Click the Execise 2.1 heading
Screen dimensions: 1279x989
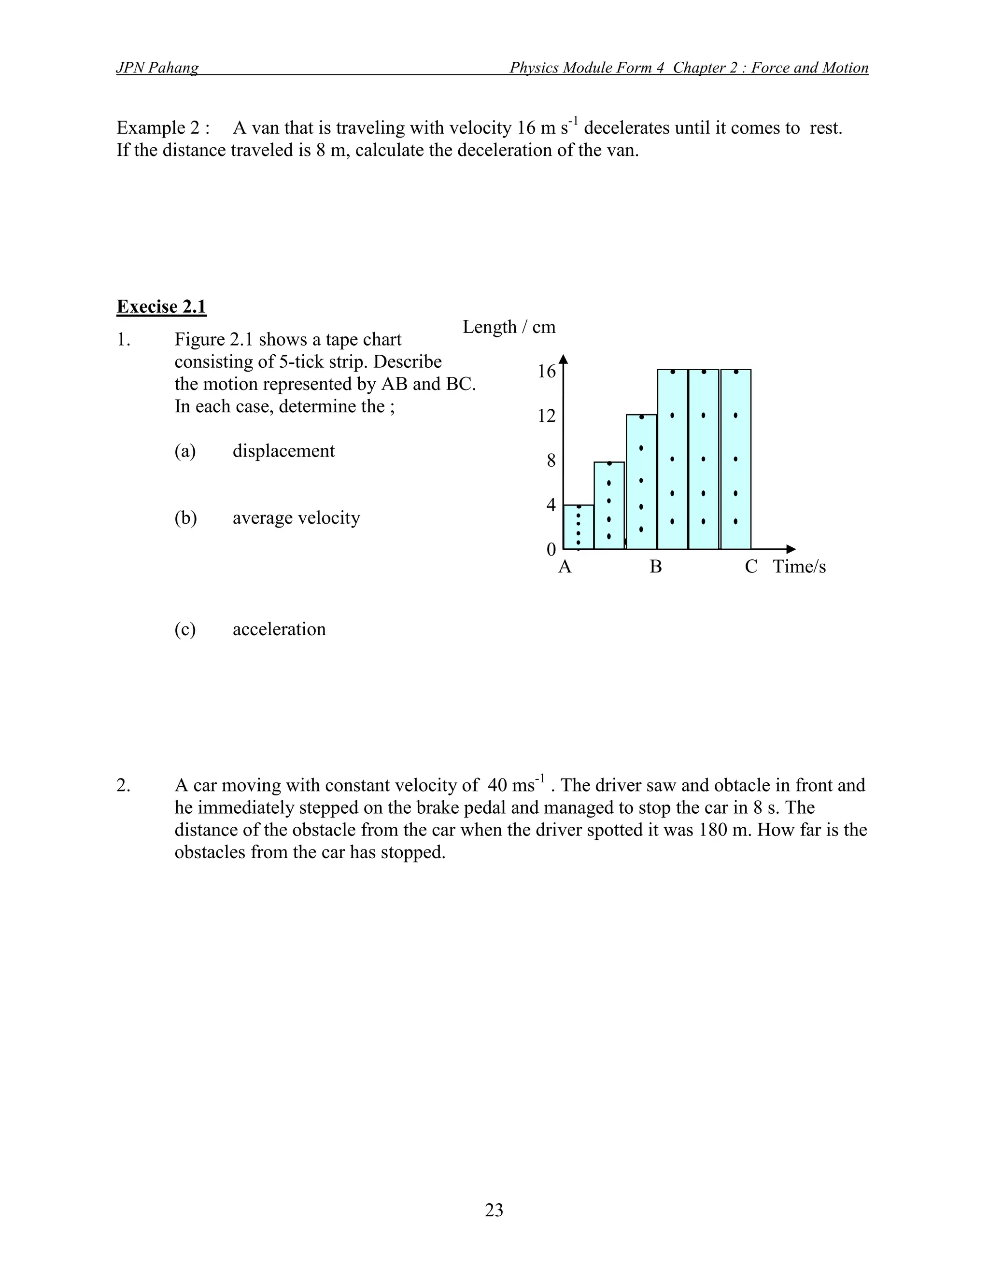coord(161,307)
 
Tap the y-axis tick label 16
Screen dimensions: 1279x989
coord(546,371)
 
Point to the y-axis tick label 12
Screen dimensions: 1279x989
coord(546,416)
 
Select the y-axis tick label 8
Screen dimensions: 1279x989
coord(551,461)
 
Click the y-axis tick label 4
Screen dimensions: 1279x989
coord(551,505)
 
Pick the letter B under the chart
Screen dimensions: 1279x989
coord(656,567)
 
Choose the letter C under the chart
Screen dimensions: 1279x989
coord(750,567)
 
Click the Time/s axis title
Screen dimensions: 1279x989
coord(799,567)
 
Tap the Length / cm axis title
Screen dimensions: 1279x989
coord(509,327)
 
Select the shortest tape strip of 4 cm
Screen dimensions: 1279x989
coord(578,527)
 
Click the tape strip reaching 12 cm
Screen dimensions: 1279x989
coord(641,481)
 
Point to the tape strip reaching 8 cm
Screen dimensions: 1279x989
coord(609,505)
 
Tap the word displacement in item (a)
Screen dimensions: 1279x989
coord(283,451)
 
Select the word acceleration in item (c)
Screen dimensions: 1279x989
coord(279,629)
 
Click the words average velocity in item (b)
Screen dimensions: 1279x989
coord(296,518)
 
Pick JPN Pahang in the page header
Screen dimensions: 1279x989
coord(157,68)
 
